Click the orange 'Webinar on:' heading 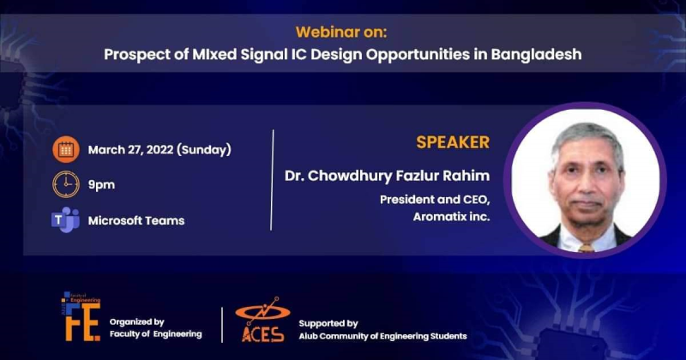pos(342,33)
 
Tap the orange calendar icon pos(65,149)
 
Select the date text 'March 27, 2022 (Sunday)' pos(159,150)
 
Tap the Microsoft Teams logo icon pos(65,219)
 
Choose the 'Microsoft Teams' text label pos(135,220)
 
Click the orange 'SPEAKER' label pos(453,142)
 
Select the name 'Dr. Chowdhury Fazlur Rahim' pos(388,176)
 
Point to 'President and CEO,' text pos(436,200)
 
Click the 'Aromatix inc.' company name pos(451,218)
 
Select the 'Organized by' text pos(136,321)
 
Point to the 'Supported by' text pos(328,323)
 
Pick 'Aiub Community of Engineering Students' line pos(382,335)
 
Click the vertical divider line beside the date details pos(272,180)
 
